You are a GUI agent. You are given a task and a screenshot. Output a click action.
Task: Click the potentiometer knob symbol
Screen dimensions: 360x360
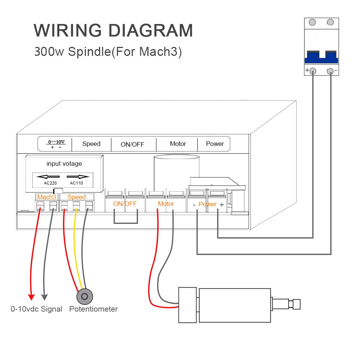point(85,296)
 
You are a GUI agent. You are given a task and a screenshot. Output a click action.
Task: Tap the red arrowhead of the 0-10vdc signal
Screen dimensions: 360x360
point(31,297)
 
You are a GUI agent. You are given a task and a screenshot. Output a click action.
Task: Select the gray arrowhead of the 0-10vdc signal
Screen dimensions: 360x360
point(45,297)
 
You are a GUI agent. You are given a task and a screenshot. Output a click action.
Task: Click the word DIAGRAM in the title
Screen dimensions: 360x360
point(151,30)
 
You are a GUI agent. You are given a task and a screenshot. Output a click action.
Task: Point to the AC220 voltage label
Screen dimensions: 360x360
point(50,183)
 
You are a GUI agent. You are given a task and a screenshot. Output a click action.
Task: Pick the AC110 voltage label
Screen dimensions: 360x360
point(76,183)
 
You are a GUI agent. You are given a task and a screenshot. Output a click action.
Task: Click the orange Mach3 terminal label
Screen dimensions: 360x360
point(46,197)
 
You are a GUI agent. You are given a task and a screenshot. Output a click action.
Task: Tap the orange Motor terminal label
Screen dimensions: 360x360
point(166,204)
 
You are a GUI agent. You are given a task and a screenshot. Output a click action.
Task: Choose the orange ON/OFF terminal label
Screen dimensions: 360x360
point(125,204)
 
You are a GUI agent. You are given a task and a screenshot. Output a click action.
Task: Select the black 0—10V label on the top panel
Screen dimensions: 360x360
point(57,142)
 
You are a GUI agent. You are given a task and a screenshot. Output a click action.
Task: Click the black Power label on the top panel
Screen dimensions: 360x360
point(215,144)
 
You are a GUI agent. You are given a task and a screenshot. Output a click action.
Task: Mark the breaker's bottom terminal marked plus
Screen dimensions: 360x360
point(313,71)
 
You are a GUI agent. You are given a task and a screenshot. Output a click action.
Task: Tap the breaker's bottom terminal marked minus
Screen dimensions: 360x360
point(330,71)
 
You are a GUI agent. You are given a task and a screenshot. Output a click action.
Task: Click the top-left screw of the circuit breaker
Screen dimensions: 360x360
point(312,22)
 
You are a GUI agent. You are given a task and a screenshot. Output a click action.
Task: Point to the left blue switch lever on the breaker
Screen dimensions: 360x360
point(312,57)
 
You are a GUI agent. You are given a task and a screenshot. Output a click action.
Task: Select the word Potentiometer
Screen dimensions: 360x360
point(93,309)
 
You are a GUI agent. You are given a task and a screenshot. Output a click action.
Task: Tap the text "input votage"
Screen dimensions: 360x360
point(64,164)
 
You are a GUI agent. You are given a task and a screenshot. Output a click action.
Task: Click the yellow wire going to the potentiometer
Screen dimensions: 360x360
point(76,250)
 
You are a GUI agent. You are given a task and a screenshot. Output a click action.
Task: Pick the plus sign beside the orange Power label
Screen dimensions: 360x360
point(222,205)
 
